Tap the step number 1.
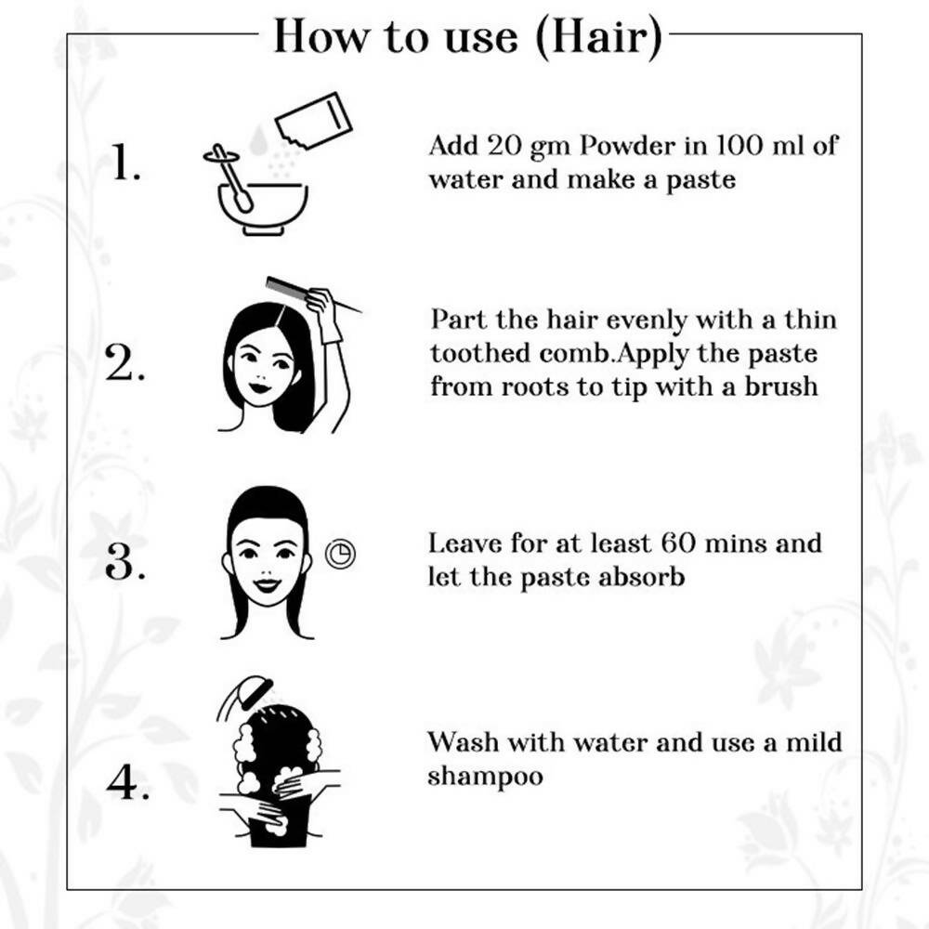click(126, 161)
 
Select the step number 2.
click(124, 362)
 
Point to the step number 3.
click(124, 561)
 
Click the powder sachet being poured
click(313, 123)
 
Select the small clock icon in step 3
click(341, 554)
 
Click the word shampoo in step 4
click(485, 777)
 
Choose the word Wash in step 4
click(463, 742)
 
